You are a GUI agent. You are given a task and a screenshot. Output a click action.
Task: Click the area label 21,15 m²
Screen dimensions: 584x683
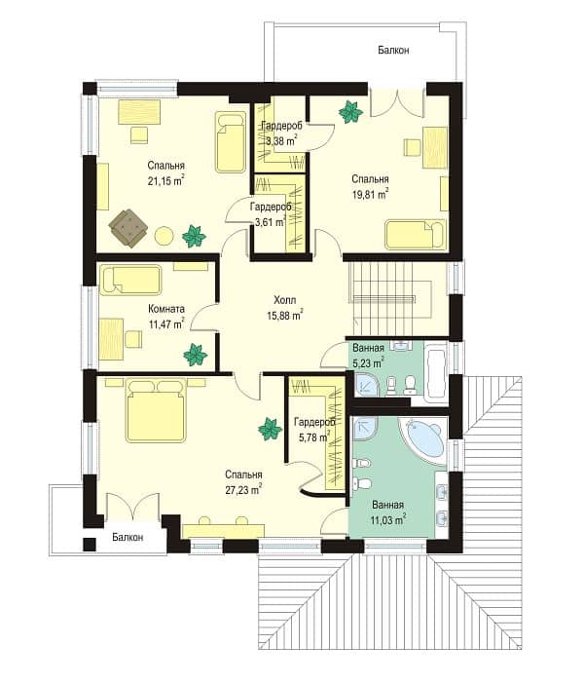tap(165, 181)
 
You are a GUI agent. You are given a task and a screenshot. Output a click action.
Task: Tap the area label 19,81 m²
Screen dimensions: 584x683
tap(370, 194)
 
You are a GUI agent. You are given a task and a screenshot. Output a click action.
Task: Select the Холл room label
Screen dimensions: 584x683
tap(285, 300)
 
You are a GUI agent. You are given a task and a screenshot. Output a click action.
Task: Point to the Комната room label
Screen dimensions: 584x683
tap(166, 309)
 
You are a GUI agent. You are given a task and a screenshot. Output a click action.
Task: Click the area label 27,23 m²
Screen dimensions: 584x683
tap(243, 490)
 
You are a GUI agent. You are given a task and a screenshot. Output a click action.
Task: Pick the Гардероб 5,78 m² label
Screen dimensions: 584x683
tap(314, 430)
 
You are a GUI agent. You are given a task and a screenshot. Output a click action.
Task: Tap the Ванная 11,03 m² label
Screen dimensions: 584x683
tap(388, 512)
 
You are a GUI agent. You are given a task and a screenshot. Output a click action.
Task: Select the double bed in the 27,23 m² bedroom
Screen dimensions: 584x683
tap(156, 410)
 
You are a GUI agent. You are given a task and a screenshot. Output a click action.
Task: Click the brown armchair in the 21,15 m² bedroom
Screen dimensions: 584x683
tap(128, 227)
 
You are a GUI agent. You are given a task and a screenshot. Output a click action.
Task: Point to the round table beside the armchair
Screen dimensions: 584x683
tap(164, 236)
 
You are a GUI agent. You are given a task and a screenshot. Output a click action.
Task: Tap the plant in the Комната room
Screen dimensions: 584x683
tap(196, 355)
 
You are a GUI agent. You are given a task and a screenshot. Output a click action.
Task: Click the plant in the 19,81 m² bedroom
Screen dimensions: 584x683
tap(350, 112)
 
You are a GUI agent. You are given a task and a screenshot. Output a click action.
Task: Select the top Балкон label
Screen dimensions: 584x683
tap(393, 50)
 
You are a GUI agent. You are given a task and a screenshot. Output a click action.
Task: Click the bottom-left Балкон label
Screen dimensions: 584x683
tap(128, 537)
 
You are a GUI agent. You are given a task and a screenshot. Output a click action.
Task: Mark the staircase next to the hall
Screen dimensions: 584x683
tap(390, 298)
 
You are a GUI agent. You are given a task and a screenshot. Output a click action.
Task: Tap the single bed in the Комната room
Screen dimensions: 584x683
tap(130, 280)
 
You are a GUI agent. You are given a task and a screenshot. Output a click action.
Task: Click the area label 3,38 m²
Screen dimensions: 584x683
tap(282, 140)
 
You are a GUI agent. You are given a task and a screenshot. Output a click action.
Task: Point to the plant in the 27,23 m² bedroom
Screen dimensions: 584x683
tap(270, 429)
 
